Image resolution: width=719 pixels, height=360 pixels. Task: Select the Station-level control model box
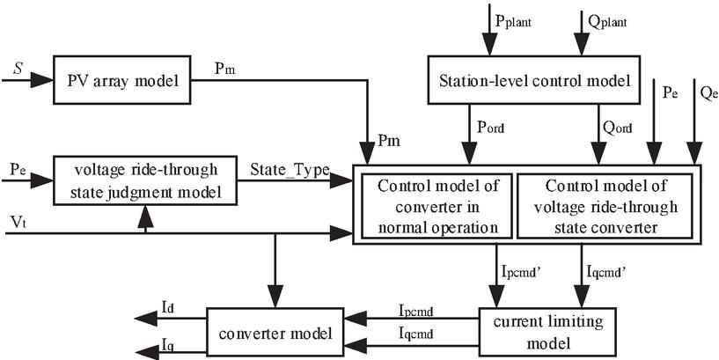pos(536,83)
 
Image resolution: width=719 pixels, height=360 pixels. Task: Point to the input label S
pos(18,67)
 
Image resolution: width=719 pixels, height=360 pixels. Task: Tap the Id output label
pos(168,307)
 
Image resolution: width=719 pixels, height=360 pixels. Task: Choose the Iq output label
pos(168,342)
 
